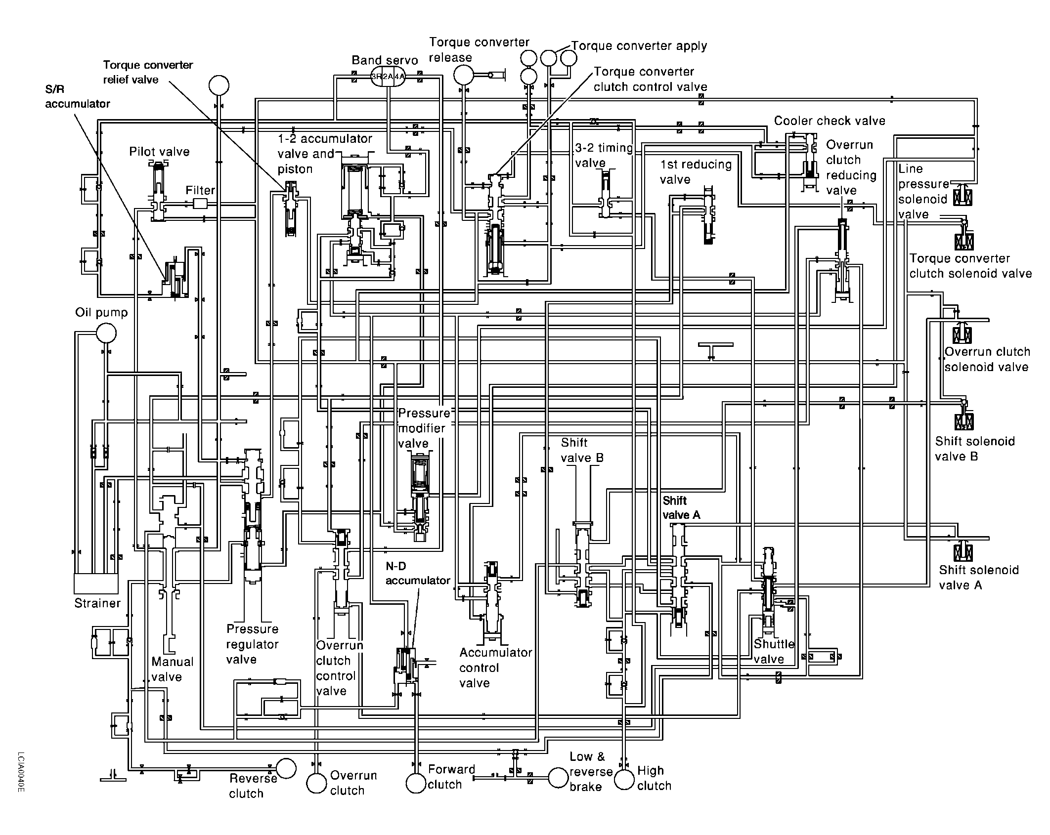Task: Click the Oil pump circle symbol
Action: point(106,333)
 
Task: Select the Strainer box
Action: point(96,583)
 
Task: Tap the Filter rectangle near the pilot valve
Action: point(200,204)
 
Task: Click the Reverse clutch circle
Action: point(286,768)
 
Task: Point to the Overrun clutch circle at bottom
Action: point(316,783)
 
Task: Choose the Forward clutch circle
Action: point(416,783)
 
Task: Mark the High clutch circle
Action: point(624,779)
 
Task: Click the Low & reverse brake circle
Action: point(558,778)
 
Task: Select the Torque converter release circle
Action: point(463,75)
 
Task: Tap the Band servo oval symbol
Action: point(388,77)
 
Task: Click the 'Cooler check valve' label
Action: point(829,121)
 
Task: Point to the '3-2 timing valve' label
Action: point(604,155)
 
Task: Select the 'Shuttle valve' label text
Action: point(774,651)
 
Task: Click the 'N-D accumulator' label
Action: point(418,573)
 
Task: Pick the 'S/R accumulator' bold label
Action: point(77,96)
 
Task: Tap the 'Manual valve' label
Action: point(172,669)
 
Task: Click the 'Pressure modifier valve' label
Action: point(424,428)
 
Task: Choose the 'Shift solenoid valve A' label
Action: point(978,577)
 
